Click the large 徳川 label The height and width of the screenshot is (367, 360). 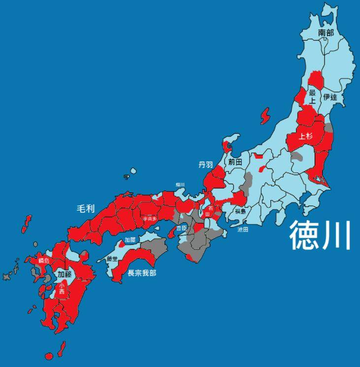pos(320,235)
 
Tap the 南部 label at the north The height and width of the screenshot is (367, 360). pos(326,33)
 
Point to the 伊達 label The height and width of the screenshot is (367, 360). pos(329,97)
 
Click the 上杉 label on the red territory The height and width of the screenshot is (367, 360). pos(305,136)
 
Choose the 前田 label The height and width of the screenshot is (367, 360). pos(235,162)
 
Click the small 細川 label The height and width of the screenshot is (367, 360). pos(180,185)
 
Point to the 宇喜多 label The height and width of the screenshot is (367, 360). pos(150,218)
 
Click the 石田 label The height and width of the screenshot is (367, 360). pos(209,211)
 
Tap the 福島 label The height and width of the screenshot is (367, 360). pos(240,211)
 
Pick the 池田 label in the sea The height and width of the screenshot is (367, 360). pos(243,230)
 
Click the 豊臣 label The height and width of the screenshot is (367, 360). pos(182,228)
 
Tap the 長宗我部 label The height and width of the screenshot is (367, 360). pos(142,272)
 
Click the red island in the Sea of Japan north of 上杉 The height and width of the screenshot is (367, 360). pos(265,117)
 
